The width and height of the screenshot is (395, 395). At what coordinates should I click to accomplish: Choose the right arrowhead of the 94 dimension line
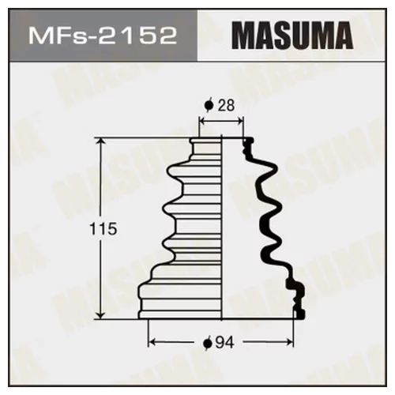(x=297, y=342)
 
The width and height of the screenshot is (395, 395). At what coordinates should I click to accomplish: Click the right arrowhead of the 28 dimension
(x=243, y=121)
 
